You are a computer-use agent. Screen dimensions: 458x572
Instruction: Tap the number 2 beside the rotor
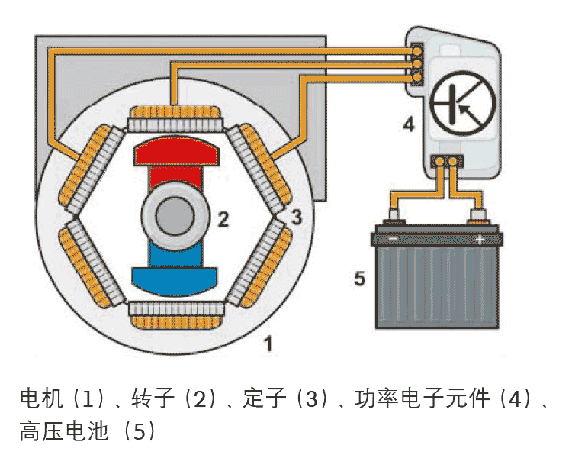pyautogui.click(x=222, y=220)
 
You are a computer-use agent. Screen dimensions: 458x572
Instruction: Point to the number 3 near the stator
pyautogui.click(x=296, y=217)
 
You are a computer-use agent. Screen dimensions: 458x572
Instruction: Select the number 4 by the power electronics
pyautogui.click(x=409, y=124)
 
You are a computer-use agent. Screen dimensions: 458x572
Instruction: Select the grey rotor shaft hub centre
pyautogui.click(x=175, y=216)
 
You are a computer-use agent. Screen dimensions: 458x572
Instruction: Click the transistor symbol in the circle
pyautogui.click(x=462, y=105)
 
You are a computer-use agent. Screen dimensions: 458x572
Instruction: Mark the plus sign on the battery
pyautogui.click(x=480, y=240)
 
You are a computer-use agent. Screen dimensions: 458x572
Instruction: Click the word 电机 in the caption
pyautogui.click(x=38, y=398)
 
